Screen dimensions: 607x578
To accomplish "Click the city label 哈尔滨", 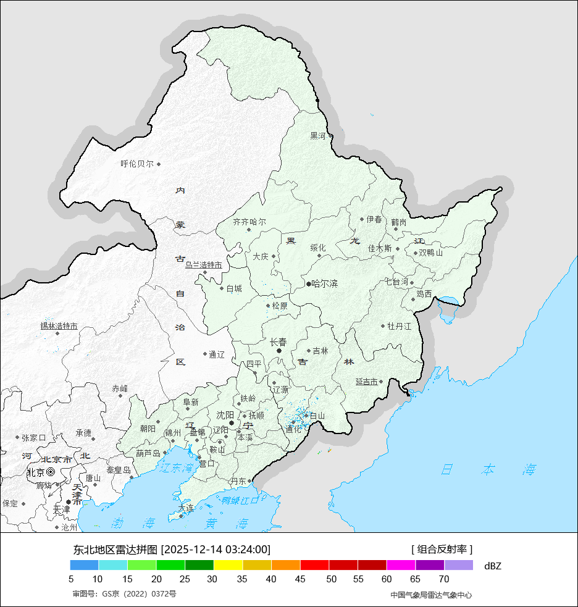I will click(325, 284).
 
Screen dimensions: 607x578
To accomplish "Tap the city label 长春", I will click(279, 342).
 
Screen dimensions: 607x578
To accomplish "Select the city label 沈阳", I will click(225, 415).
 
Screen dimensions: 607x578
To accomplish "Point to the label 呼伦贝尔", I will click(137, 164).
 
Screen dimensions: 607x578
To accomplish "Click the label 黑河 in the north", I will click(317, 136).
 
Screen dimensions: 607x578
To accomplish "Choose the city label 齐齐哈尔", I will click(249, 222).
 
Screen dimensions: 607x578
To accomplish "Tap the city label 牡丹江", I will click(399, 326).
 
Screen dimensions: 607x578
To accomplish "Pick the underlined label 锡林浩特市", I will click(59, 326).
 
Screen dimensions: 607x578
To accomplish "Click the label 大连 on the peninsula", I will click(186, 508).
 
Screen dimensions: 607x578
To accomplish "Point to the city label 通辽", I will click(217, 354).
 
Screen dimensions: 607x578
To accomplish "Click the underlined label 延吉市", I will click(367, 382).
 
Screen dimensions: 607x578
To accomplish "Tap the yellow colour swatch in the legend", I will click(228, 565).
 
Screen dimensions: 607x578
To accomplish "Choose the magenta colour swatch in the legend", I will click(401, 565).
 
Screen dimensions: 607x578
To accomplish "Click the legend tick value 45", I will click(300, 579).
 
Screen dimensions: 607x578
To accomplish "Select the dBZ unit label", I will click(493, 566).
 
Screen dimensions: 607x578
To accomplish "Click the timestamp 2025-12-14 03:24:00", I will click(216, 550).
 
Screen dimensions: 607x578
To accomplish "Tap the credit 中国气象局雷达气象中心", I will click(431, 595).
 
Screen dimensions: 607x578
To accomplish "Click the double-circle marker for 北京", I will click(51, 472).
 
